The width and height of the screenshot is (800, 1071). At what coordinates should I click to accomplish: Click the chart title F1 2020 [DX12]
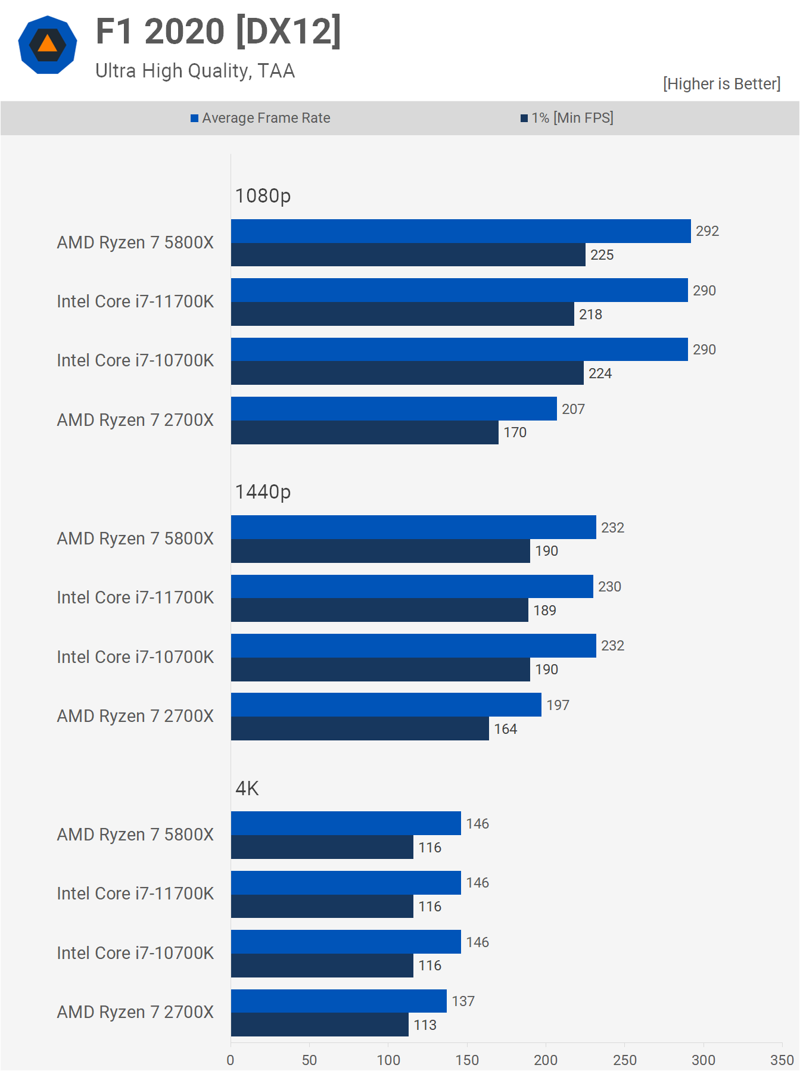(218, 32)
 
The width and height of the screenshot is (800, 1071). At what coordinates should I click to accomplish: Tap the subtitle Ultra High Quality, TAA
(195, 71)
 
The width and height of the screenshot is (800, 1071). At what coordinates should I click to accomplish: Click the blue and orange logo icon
(48, 45)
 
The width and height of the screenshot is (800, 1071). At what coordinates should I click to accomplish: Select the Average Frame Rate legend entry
(260, 118)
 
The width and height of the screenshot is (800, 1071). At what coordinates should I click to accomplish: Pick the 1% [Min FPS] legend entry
(566, 118)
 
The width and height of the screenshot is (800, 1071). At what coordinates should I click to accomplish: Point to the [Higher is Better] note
(721, 84)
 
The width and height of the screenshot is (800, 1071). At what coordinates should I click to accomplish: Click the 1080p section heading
(263, 196)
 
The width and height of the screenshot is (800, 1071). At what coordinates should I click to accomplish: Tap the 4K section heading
(247, 789)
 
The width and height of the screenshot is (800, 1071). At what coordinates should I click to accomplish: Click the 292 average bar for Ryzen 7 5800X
(460, 231)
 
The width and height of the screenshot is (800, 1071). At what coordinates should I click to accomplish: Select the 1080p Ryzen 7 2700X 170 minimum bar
(365, 432)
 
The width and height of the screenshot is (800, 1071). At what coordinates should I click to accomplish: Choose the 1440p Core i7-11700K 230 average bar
(412, 587)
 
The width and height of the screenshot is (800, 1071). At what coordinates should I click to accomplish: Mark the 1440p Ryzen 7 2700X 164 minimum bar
(360, 728)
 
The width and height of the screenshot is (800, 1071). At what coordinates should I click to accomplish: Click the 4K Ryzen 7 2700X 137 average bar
(338, 1001)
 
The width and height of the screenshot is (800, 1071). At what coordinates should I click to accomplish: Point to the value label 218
(590, 315)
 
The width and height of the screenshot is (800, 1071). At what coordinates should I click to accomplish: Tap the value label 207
(573, 409)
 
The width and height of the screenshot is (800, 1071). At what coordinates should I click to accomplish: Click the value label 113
(425, 1025)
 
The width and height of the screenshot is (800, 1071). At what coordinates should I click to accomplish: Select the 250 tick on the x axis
(624, 1060)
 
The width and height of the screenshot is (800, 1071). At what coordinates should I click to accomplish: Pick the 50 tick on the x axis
(309, 1060)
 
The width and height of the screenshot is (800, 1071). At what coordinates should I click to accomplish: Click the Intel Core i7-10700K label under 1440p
(135, 657)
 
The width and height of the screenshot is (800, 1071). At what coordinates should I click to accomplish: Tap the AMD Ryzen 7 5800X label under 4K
(135, 835)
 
